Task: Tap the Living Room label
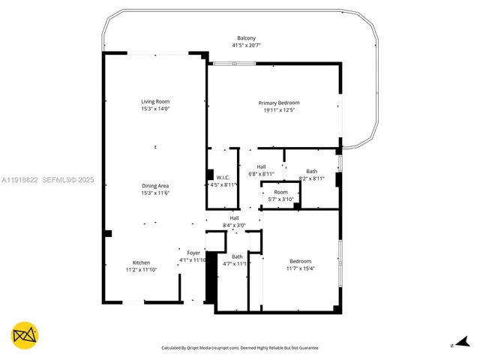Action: [156, 101]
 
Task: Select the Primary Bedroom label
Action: [279, 103]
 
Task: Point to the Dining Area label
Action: [156, 186]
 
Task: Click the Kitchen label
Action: [141, 262]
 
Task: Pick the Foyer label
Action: [193, 253]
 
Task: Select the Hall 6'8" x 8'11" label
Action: [261, 166]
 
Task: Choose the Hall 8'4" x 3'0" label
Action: [234, 217]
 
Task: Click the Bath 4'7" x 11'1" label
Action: [237, 256]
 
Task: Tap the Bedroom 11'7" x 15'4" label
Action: [300, 261]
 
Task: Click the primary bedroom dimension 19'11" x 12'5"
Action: [279, 110]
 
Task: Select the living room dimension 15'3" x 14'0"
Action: [156, 109]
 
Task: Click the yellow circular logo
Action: [25, 335]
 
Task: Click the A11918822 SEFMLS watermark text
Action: [48, 180]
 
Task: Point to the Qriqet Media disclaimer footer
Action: [240, 348]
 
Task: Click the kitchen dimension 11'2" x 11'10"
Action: [141, 270]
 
